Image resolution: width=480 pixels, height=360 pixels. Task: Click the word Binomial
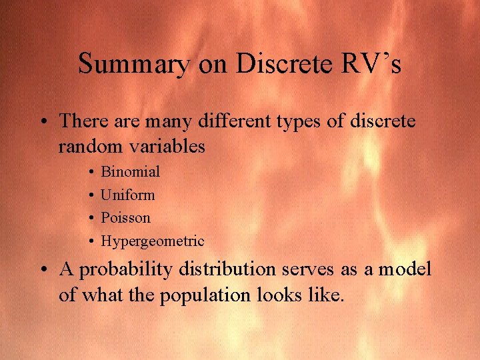[130, 172]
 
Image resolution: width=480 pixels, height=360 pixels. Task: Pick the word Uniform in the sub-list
[127, 195]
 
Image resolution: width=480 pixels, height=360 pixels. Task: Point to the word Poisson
[125, 218]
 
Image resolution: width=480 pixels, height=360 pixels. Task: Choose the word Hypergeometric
[152, 241]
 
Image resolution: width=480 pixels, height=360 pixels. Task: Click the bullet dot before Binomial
[89, 173]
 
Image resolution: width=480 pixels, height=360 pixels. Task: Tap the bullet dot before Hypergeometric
[89, 241]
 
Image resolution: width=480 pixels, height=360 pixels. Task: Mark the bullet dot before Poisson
[89, 218]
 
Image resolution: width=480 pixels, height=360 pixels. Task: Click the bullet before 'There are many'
[43, 123]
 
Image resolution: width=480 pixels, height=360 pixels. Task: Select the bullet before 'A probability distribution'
[43, 270]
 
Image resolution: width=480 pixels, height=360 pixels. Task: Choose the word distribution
[229, 269]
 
